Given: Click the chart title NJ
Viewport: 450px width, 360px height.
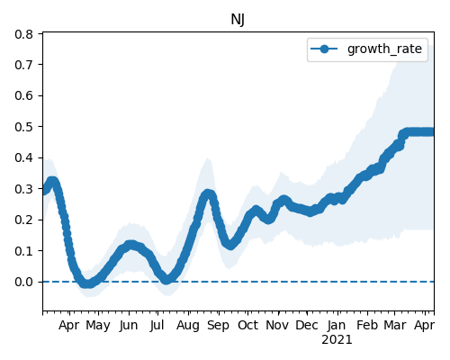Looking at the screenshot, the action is click(238, 20).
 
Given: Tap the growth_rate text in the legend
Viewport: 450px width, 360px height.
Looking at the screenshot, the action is click(384, 49).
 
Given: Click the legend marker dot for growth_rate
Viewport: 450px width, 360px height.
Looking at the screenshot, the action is click(324, 49).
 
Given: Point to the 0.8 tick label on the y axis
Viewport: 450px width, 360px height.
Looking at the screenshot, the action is click(23, 34).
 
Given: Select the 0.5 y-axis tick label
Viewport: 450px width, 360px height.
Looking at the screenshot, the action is click(23, 127).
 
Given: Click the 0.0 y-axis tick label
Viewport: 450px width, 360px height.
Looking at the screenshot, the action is click(23, 282).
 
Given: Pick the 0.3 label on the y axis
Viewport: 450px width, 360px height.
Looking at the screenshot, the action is click(23, 189).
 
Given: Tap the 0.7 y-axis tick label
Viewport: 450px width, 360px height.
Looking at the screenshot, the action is click(23, 65).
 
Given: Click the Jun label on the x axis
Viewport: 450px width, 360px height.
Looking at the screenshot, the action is click(129, 326).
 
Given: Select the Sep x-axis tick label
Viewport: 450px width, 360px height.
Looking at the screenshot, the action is click(218, 326).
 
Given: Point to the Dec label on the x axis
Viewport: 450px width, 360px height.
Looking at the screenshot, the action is click(307, 325).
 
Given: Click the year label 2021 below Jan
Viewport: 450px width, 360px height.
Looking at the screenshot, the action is click(337, 340).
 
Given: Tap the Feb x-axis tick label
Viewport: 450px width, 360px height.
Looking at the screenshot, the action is click(367, 325).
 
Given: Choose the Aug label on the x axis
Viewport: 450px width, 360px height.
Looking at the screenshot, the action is click(188, 326).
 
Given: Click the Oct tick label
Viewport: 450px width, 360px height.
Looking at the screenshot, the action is click(247, 325).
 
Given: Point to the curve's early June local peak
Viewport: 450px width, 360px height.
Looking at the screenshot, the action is click(130, 245).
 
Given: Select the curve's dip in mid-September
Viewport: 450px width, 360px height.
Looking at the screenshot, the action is click(229, 245).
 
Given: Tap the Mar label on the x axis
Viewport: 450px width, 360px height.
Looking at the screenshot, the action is click(395, 325).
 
